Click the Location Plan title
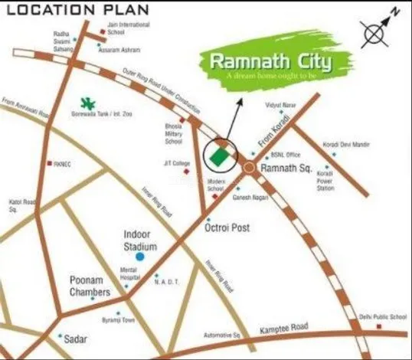tap(64, 10)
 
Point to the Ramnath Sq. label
tap(284, 167)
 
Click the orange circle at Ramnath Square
tap(250, 166)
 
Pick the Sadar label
tap(76, 338)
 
